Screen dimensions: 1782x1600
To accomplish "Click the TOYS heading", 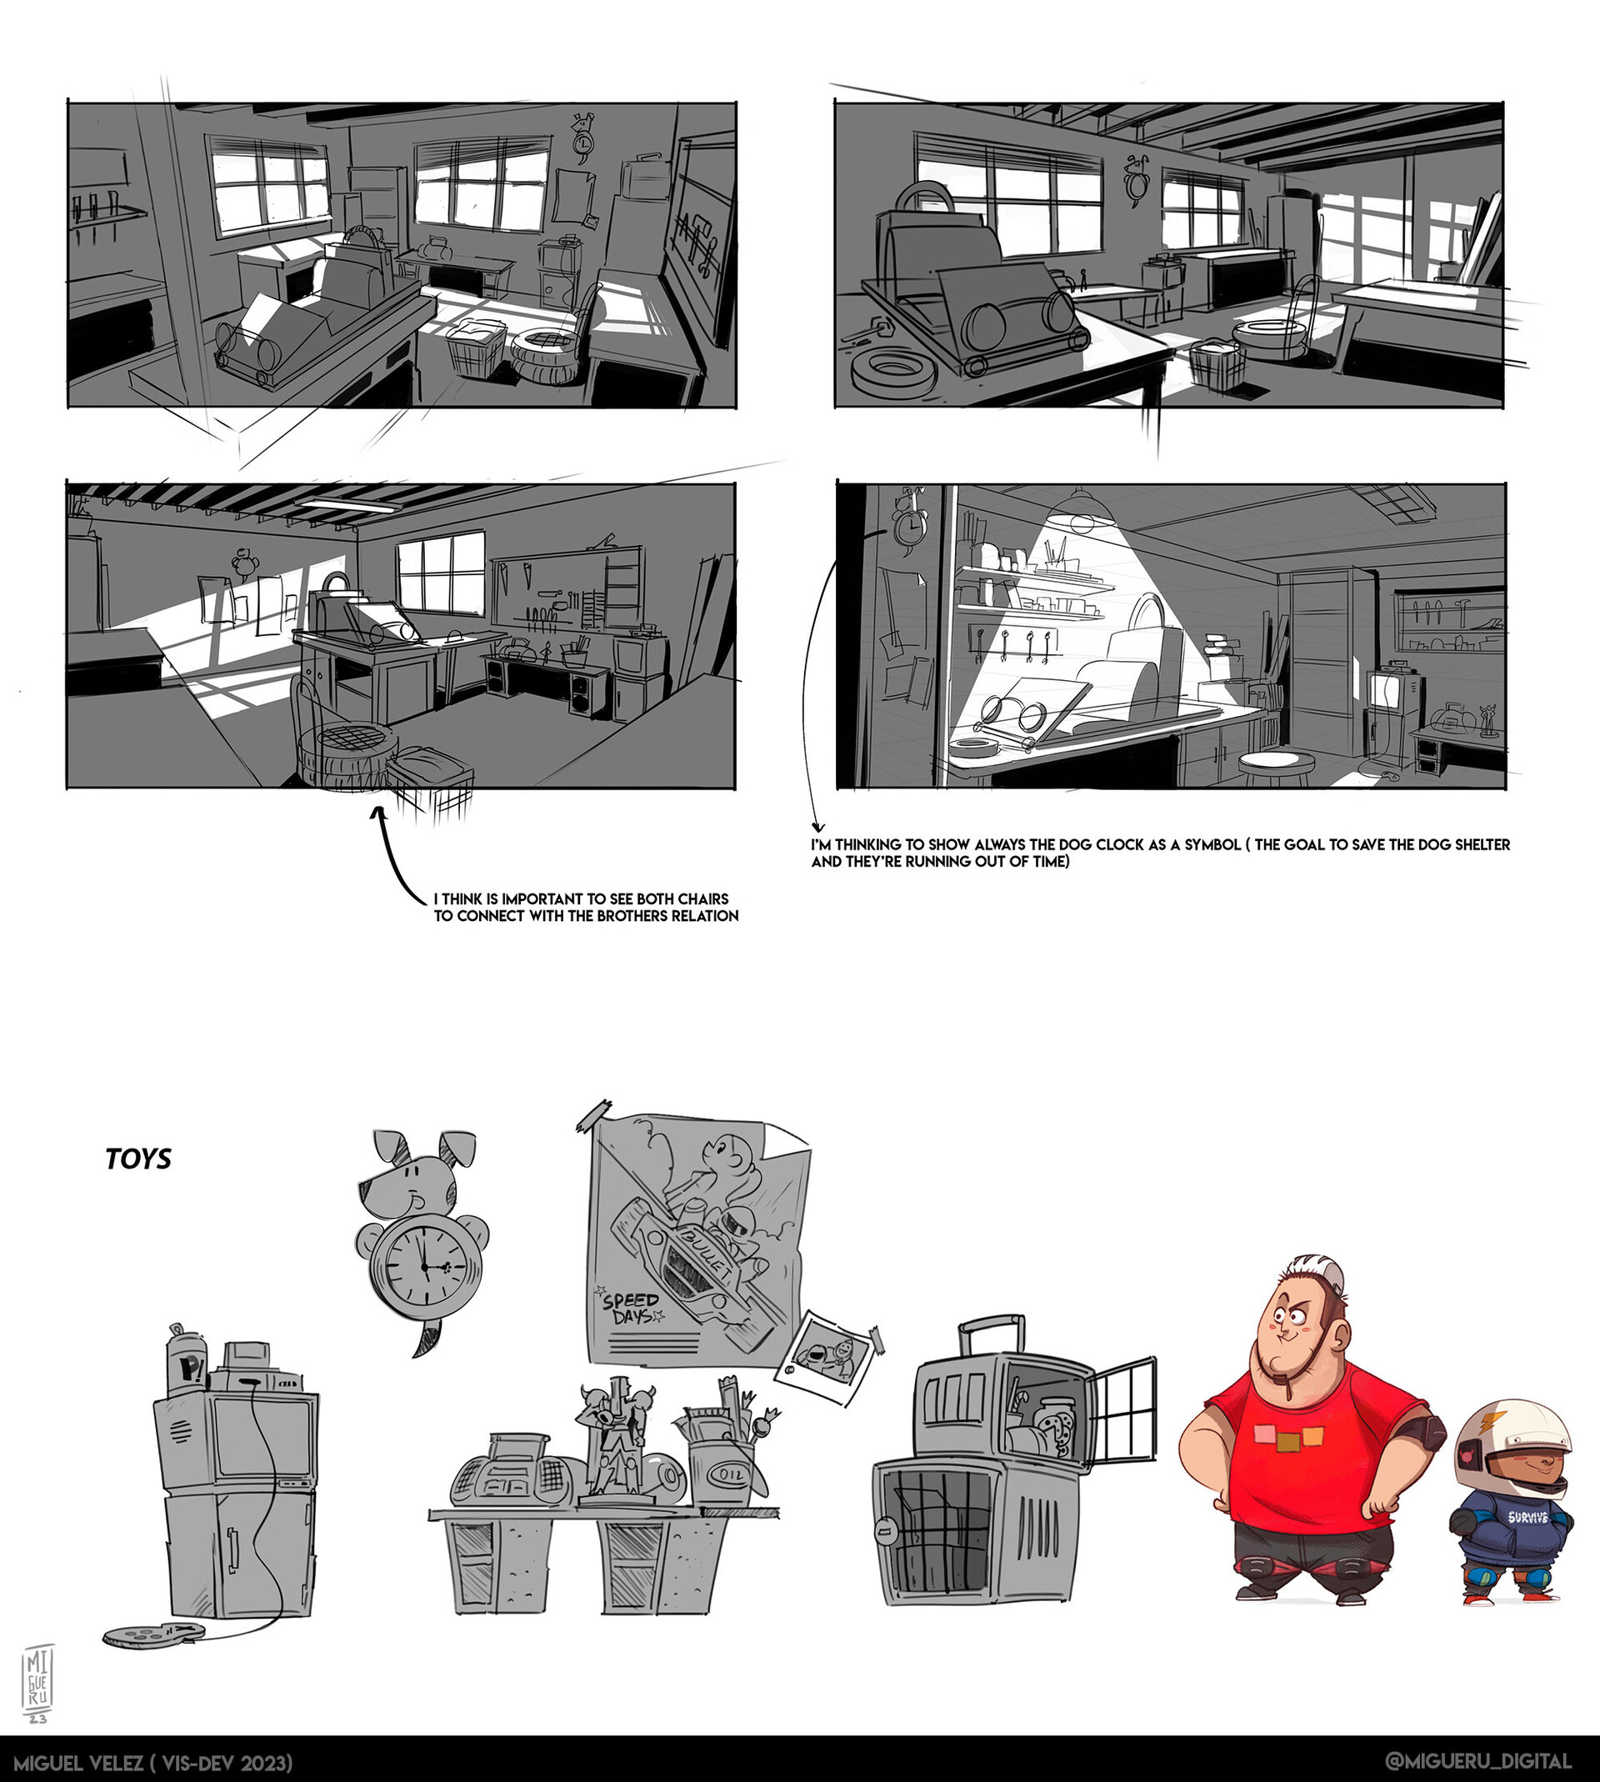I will pyautogui.click(x=138, y=1159).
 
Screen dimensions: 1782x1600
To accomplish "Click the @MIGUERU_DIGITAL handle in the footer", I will pyautogui.click(x=1477, y=1760).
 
